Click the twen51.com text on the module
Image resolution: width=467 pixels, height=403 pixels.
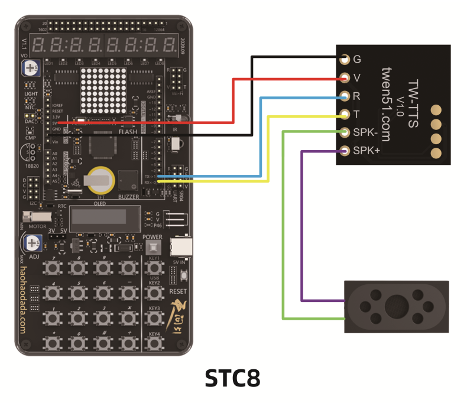point(385,104)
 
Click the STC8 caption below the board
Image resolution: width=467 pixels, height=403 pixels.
point(233,378)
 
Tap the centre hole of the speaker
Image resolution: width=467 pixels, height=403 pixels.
point(394,306)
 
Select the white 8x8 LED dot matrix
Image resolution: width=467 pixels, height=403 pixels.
point(104,90)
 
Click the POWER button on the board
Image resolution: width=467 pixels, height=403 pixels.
point(153,247)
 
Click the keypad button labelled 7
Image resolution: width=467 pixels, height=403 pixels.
point(54,268)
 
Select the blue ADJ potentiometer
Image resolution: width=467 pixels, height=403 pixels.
point(30,242)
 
